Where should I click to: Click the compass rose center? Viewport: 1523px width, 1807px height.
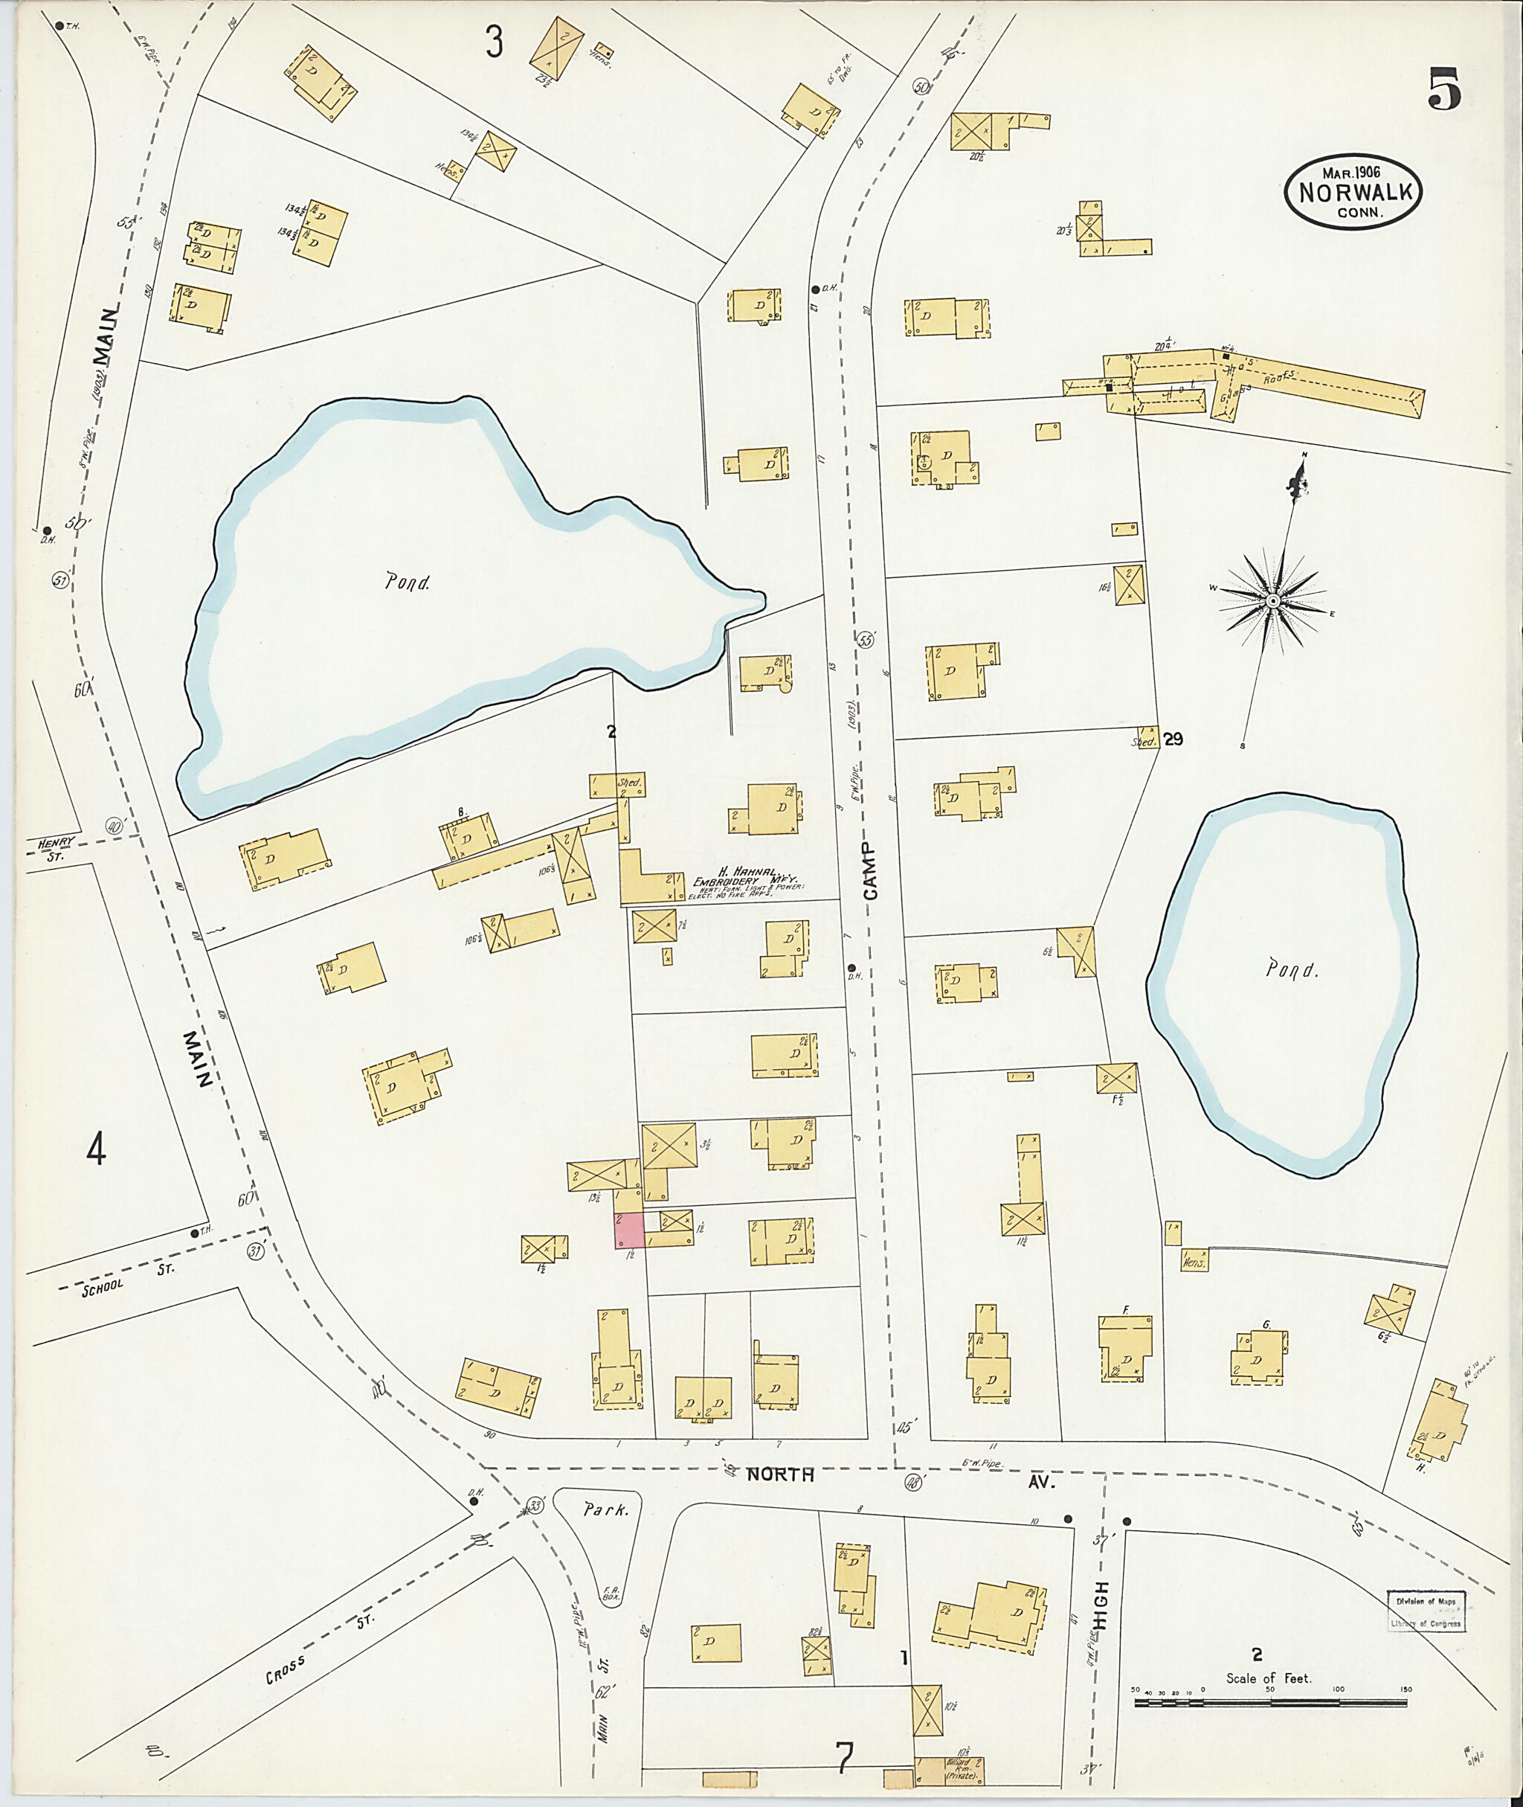coord(1273,600)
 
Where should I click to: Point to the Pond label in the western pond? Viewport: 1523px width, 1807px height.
coord(408,582)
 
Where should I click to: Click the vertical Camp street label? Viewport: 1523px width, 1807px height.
coord(869,872)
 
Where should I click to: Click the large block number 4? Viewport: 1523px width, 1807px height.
coord(97,1149)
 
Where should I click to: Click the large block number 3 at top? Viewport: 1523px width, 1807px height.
coord(493,42)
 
